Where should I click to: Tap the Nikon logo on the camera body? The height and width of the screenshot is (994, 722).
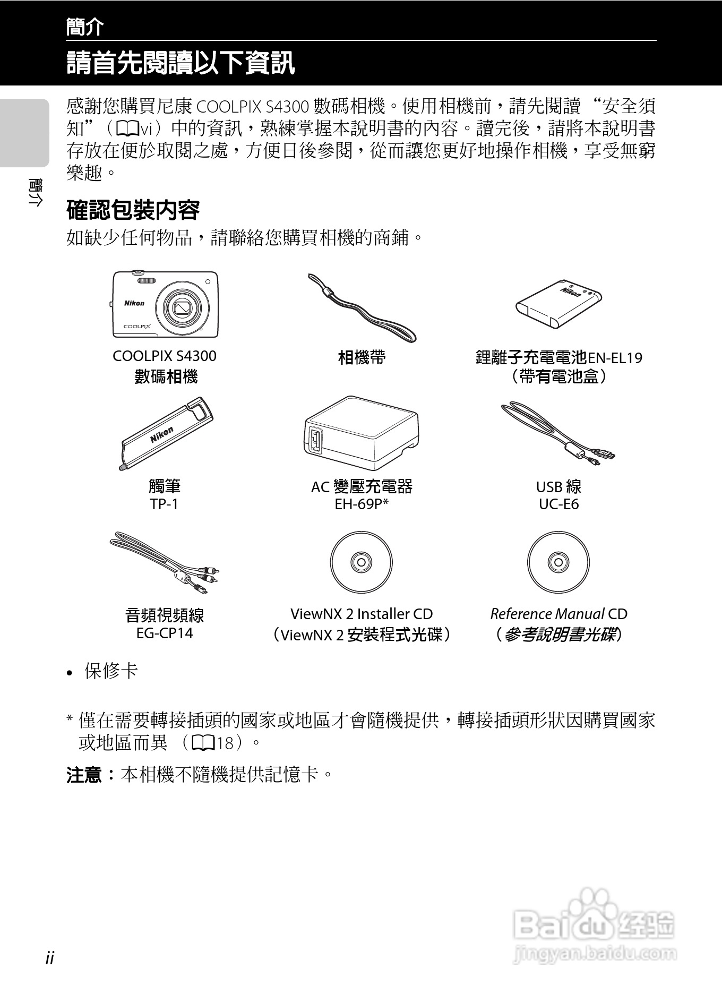(134, 303)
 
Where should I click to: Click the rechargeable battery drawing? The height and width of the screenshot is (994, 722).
(558, 304)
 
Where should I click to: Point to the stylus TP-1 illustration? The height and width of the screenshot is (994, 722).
(166, 433)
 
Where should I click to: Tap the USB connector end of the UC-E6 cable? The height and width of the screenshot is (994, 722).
(605, 455)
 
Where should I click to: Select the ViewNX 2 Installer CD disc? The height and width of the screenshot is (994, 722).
(361, 562)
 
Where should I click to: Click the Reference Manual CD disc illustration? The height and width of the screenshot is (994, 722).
(558, 562)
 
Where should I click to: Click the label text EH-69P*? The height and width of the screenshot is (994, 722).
(362, 504)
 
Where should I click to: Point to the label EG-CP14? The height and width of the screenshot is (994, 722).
(165, 633)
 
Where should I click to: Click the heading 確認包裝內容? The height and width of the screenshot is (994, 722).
(133, 210)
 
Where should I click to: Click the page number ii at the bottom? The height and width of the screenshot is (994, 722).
(50, 958)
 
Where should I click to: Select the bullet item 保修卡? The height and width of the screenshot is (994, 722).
(110, 671)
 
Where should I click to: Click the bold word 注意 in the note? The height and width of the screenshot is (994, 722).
(84, 775)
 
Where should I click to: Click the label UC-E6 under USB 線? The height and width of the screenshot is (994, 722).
(558, 504)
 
